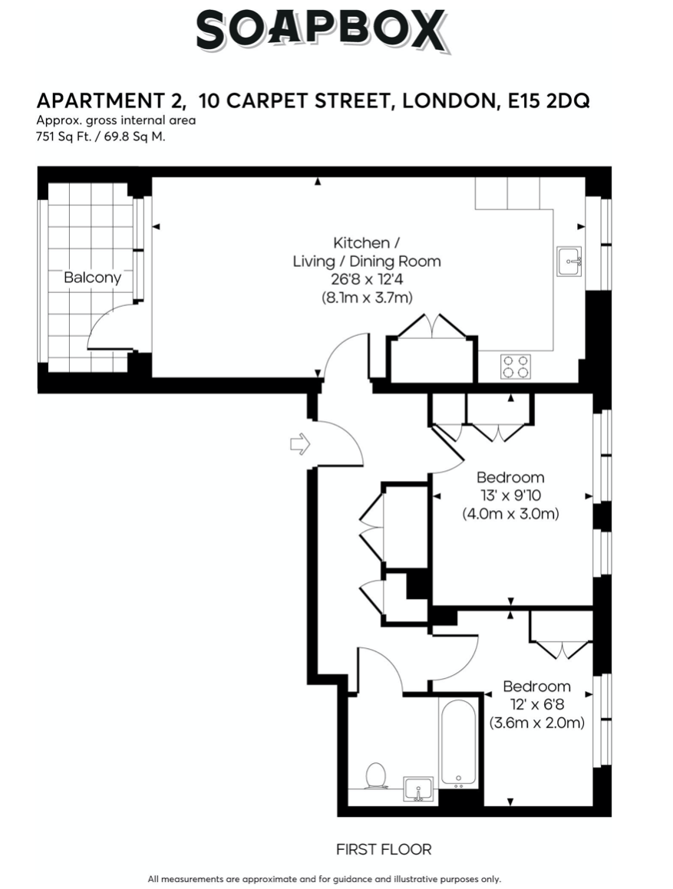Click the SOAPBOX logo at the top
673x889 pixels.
tap(322, 31)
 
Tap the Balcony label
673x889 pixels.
tap(93, 277)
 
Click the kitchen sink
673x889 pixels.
tap(569, 262)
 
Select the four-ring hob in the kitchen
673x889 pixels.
tap(516, 366)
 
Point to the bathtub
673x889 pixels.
tap(458, 742)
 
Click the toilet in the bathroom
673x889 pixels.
tap(376, 775)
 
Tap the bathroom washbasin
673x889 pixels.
tap(418, 789)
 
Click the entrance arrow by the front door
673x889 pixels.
tap(299, 444)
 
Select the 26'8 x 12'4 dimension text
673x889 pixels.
tap(368, 279)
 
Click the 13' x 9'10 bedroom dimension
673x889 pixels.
tap(511, 496)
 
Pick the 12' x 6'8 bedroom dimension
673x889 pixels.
tap(537, 705)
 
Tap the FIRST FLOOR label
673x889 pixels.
tap(384, 849)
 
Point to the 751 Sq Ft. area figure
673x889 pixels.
tap(64, 137)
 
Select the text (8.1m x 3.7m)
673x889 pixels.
tap(367, 297)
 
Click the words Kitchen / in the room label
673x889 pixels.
tap(367, 243)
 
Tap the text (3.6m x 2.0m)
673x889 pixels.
tap(537, 723)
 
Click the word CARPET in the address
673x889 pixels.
tap(268, 101)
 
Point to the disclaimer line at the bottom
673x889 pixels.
tap(324, 879)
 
